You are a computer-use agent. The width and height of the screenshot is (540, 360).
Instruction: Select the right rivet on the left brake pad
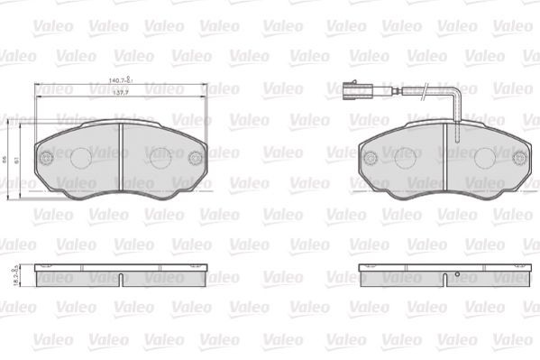tap(194, 159)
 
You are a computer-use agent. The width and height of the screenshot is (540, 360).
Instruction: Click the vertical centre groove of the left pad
tap(121, 159)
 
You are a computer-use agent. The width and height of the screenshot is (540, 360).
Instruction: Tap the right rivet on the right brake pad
tap(518, 159)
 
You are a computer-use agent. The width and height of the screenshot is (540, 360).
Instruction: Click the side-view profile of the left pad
tap(121, 276)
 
